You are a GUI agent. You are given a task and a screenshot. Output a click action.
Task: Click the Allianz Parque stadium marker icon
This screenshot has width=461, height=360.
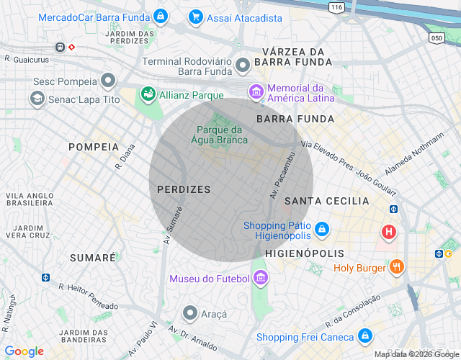click(148, 94)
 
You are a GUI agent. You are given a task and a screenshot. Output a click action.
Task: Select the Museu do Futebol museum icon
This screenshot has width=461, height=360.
click(261, 278)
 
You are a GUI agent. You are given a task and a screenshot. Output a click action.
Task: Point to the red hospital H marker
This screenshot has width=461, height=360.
click(389, 232)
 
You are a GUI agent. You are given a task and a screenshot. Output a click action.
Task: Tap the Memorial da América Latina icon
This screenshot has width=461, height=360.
click(256, 92)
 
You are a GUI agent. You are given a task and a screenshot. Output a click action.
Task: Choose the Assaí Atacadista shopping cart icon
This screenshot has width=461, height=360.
click(195, 17)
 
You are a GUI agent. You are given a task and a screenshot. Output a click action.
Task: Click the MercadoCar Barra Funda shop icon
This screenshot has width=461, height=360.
click(160, 17)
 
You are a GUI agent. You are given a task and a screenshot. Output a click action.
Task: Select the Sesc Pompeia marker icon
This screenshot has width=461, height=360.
click(108, 79)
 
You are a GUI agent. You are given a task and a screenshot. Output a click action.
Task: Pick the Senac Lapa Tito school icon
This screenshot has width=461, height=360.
click(37, 99)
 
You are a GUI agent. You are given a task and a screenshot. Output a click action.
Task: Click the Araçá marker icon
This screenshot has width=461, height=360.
click(190, 313)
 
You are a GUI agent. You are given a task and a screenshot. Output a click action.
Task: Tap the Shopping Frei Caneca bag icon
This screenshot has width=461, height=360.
click(366, 336)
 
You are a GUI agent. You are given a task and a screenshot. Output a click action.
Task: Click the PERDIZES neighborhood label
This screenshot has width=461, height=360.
click(184, 189)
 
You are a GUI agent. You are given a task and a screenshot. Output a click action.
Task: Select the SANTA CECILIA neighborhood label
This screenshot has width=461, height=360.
click(326, 201)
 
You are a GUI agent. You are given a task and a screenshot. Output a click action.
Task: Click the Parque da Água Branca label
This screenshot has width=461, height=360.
click(223, 135)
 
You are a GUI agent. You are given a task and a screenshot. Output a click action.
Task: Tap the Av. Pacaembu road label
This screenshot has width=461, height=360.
click(283, 175)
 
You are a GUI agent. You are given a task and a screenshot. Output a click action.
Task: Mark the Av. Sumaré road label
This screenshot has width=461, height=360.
click(174, 225)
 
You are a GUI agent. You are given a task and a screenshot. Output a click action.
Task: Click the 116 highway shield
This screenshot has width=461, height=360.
click(336, 6)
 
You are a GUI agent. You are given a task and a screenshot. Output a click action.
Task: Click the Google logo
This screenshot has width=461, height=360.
click(24, 351)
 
